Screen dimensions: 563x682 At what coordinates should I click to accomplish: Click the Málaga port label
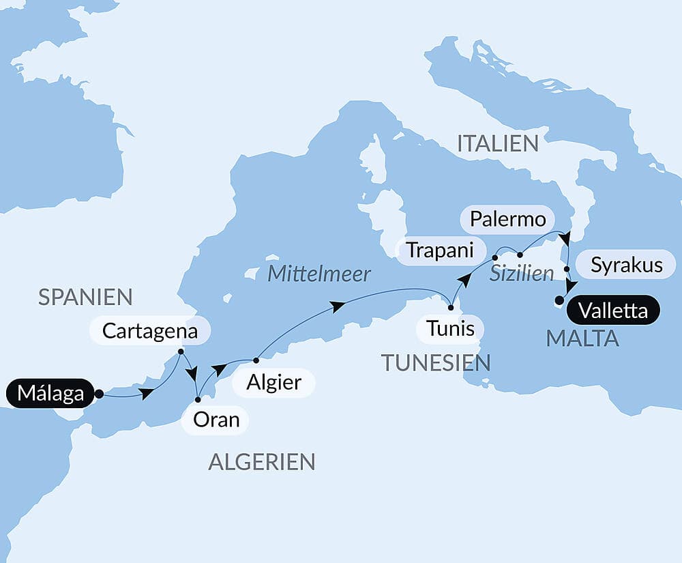click(50, 394)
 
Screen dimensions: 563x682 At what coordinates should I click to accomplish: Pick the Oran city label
click(216, 419)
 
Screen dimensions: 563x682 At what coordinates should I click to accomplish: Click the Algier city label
click(274, 382)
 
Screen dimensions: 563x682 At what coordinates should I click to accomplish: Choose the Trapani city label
click(440, 250)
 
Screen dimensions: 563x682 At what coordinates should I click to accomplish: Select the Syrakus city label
click(626, 265)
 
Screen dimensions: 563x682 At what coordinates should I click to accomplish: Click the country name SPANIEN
click(85, 297)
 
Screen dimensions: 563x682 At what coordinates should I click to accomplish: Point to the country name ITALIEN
click(498, 143)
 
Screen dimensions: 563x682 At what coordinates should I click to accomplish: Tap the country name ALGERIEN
click(262, 462)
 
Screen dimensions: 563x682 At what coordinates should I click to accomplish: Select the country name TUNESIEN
click(436, 362)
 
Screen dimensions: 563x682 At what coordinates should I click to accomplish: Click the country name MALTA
click(582, 338)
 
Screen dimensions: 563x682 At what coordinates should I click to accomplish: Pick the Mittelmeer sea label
click(319, 274)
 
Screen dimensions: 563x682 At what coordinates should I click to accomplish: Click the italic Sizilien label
click(522, 274)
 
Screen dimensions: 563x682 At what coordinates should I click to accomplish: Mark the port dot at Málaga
click(99, 394)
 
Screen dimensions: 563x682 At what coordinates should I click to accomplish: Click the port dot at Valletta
click(559, 300)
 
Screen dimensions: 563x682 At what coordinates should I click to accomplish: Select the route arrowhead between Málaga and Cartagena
click(147, 393)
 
